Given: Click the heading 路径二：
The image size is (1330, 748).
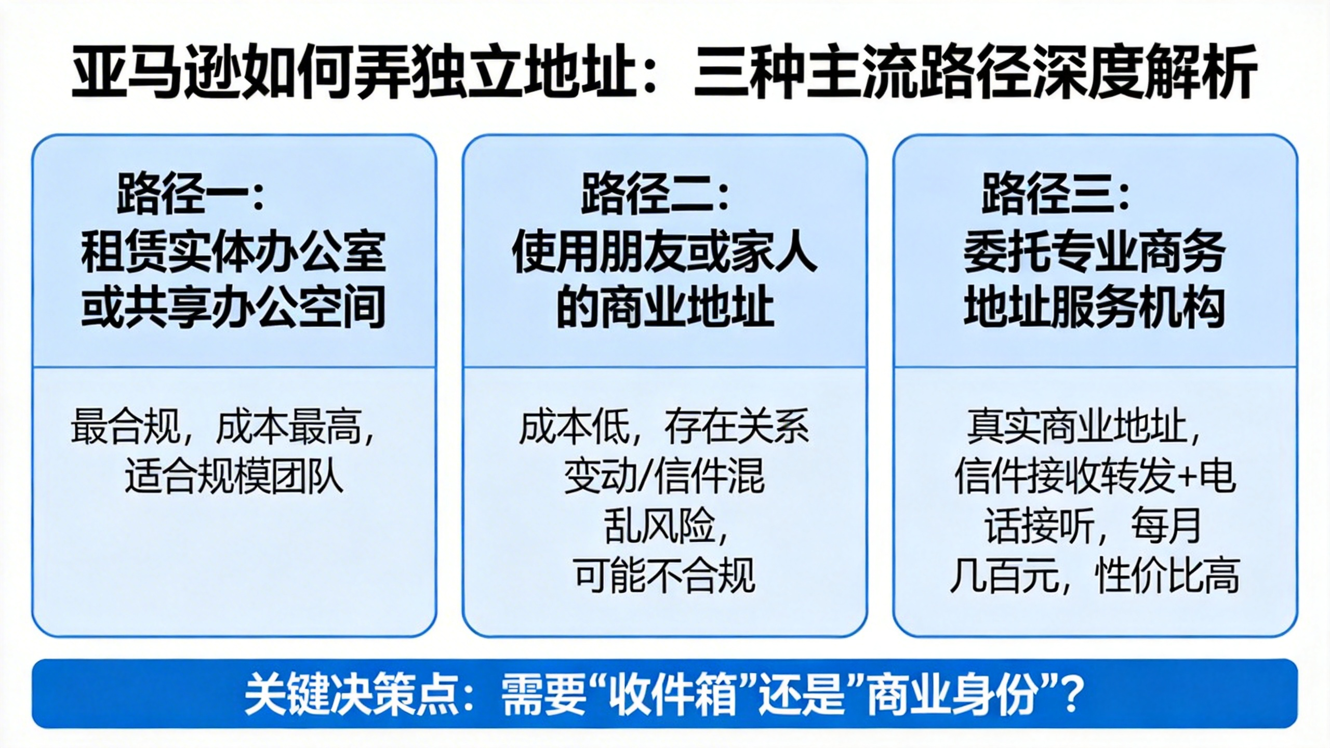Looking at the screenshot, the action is [655, 194].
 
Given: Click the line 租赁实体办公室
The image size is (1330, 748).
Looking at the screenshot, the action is [234, 252].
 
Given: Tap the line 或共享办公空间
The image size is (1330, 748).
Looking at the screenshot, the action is [234, 306].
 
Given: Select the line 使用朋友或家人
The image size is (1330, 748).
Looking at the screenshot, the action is [665, 252].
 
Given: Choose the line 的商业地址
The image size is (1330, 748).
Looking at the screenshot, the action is [665, 306].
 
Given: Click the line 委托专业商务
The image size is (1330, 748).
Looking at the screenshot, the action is [1095, 252].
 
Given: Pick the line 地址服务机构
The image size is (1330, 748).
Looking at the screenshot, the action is [1095, 306].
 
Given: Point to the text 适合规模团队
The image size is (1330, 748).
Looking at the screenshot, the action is [234, 476].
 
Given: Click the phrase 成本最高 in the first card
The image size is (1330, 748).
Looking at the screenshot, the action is [288, 427].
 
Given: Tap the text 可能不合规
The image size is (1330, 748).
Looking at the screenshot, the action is [665, 576].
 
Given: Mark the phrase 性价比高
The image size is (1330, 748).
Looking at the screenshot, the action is [1167, 576].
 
